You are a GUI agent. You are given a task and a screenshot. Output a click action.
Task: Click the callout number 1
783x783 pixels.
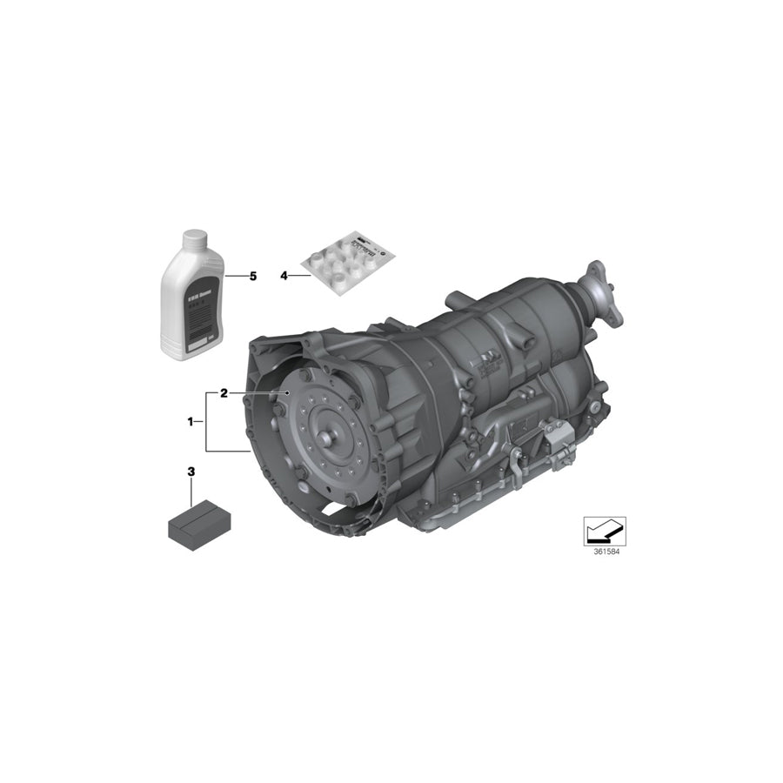[x=190, y=421]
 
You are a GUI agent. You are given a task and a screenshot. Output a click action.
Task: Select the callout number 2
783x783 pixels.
[x=224, y=393]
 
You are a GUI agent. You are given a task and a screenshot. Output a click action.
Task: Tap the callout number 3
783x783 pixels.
[x=191, y=472]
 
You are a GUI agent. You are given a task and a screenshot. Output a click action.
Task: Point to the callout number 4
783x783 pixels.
[x=284, y=276]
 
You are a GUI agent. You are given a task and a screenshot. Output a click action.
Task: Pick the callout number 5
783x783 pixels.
[x=253, y=276]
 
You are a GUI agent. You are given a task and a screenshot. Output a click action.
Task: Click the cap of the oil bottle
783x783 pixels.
[x=193, y=240]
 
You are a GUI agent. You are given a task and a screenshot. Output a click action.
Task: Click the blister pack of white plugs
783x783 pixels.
[x=346, y=261]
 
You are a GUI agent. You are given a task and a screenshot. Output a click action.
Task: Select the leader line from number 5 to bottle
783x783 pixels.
[x=235, y=276]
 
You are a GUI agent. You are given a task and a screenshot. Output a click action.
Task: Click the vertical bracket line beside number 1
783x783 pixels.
[x=206, y=422]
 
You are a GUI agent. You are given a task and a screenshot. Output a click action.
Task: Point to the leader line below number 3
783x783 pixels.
[x=191, y=492]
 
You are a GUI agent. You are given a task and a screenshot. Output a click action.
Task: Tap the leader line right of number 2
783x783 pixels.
[x=258, y=393]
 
